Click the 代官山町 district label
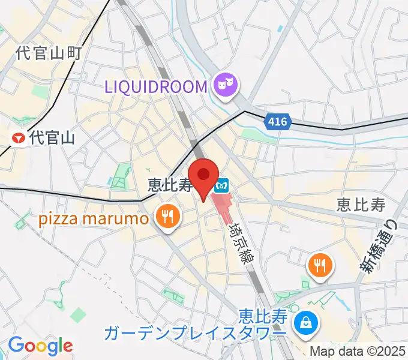point(49,53)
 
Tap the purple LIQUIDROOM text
point(156,86)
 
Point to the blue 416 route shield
point(277,122)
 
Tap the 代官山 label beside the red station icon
point(52,139)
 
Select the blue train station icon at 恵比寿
point(222,185)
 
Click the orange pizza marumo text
point(94,218)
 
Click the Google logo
point(40,346)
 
